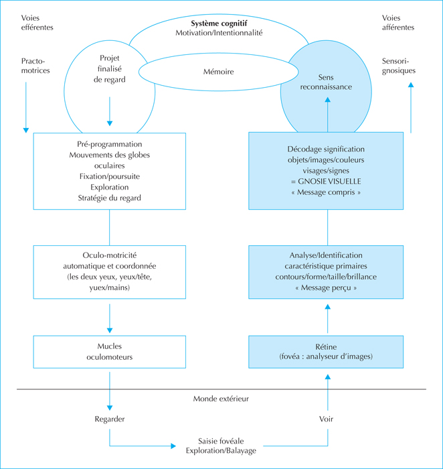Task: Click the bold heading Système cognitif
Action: tap(219, 23)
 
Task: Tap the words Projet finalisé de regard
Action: tap(109, 69)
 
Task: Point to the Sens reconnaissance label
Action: tap(326, 82)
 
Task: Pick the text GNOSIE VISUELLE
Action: tap(329, 182)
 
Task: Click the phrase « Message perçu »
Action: tap(326, 287)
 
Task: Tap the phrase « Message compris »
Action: tap(326, 192)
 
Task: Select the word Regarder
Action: tap(109, 419)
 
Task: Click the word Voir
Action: tap(326, 419)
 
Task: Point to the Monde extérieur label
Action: tap(221, 399)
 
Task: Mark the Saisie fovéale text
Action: tap(221, 441)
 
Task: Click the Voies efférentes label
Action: tap(37, 23)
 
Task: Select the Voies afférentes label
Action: tap(398, 23)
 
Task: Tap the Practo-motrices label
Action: tap(35, 66)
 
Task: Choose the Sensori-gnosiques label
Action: tap(398, 66)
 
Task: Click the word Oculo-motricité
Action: tap(109, 255)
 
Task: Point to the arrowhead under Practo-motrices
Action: tap(26, 130)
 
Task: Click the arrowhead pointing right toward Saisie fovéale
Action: tap(173, 446)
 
